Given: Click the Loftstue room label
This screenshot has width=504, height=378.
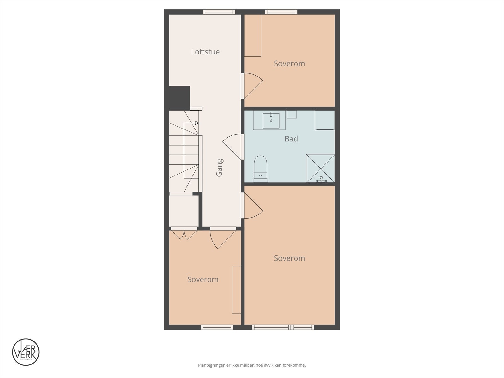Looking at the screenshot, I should click(x=205, y=52).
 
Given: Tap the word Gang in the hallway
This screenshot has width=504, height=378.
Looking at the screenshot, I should click(x=220, y=167).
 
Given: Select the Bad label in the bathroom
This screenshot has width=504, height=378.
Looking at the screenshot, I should click(x=291, y=139).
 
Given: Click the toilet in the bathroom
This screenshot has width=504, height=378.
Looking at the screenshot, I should click(x=261, y=169).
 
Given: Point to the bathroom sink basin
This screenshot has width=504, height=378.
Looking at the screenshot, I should click(x=271, y=121).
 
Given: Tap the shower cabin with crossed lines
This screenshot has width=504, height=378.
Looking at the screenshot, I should click(x=320, y=168).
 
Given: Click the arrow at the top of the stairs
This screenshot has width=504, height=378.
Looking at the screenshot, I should click(x=197, y=123).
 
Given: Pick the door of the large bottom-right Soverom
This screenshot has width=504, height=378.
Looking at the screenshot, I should click(x=252, y=205).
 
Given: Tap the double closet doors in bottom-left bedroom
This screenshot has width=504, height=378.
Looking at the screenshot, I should click(x=184, y=234).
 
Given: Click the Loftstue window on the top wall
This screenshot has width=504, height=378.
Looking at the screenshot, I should click(x=219, y=12).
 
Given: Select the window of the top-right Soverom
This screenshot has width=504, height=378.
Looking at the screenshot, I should click(x=281, y=12).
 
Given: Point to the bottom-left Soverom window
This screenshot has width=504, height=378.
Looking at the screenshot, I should click(x=217, y=328).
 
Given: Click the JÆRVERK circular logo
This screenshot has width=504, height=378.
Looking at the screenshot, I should click(x=26, y=352).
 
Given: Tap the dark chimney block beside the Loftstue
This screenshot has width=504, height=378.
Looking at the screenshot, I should click(x=180, y=98).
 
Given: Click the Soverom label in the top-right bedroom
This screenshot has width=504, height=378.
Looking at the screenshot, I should click(x=289, y=64).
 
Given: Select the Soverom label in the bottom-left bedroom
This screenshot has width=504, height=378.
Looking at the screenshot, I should click(x=203, y=280).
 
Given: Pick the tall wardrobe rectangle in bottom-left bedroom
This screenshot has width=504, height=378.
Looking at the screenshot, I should click(x=236, y=290).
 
